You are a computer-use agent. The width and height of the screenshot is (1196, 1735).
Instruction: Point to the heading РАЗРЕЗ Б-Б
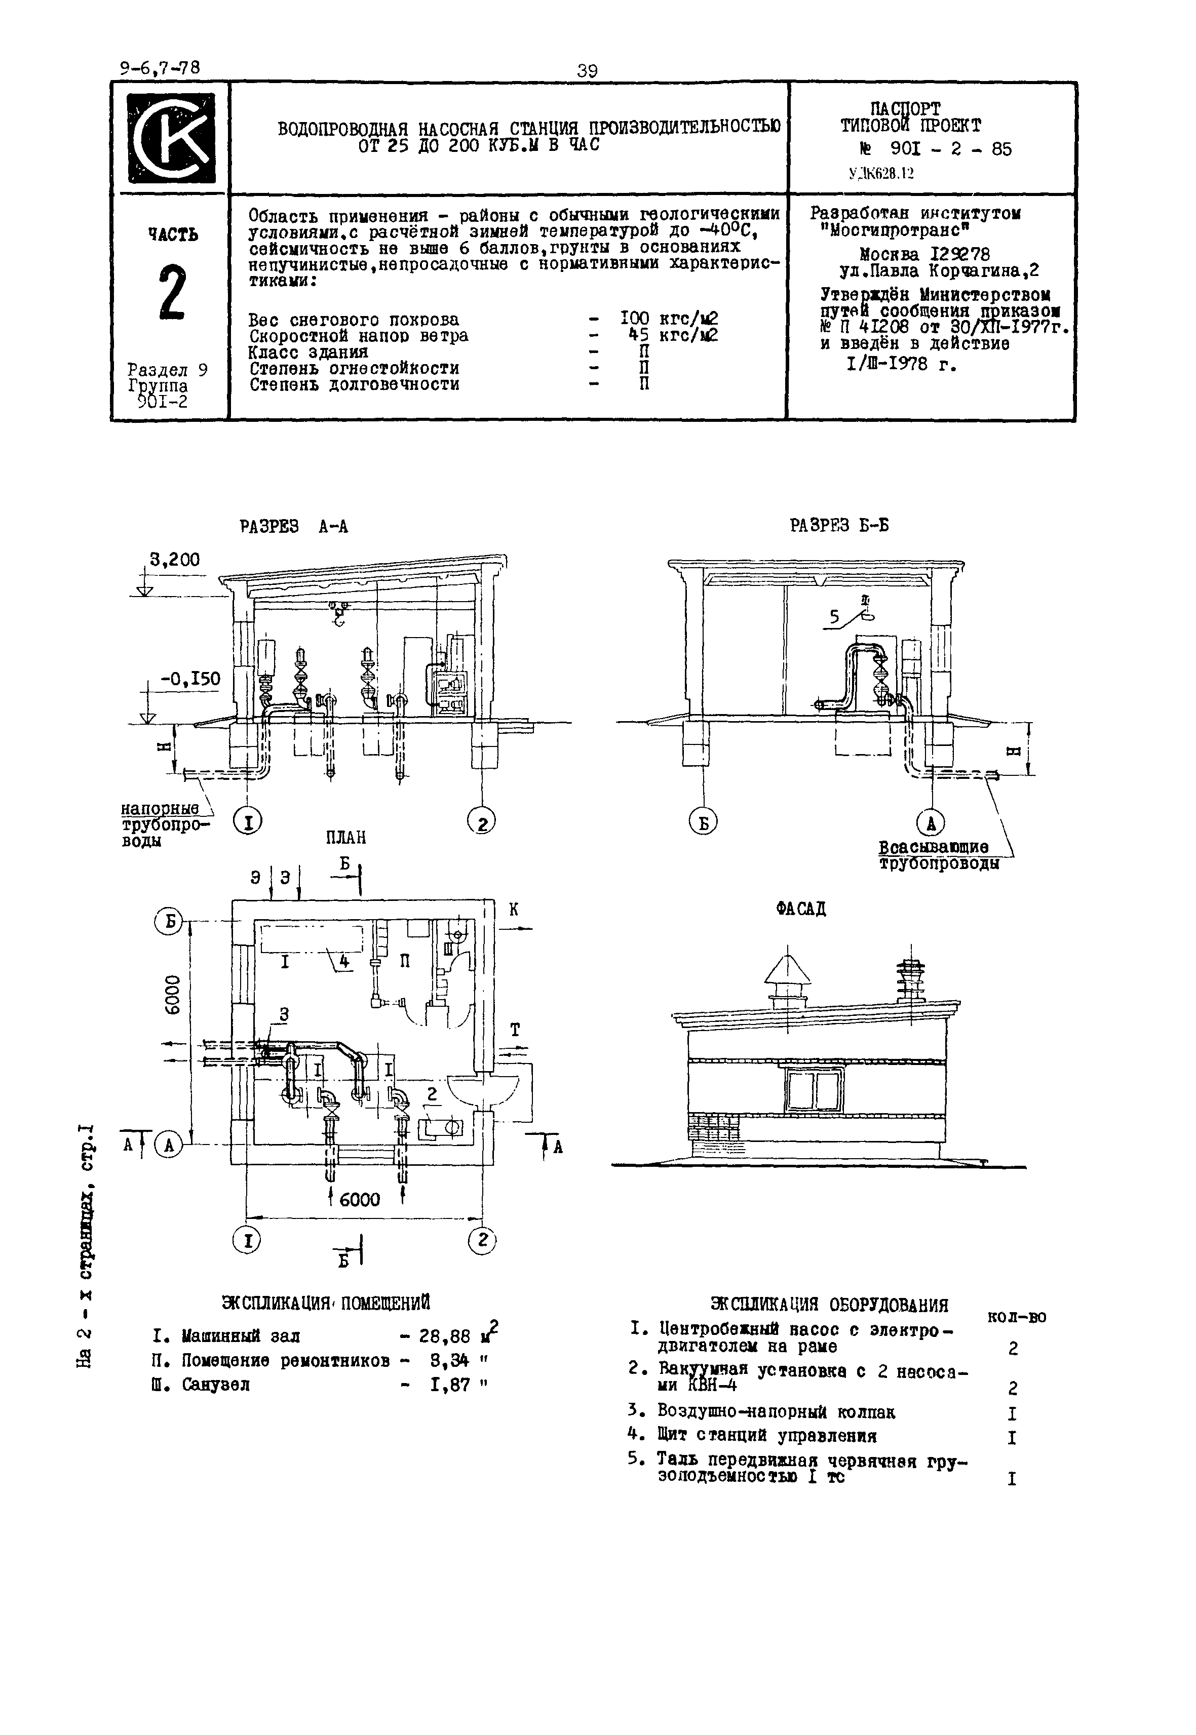pyautogui.click(x=839, y=525)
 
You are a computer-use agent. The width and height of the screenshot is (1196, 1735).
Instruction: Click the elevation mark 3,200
pyautogui.click(x=175, y=560)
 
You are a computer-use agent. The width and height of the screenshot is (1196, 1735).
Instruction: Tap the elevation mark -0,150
pyautogui.click(x=190, y=679)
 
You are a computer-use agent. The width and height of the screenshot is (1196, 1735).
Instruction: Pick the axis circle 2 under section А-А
pyautogui.click(x=482, y=822)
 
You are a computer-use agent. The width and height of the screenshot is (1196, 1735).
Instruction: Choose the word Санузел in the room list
pyautogui.click(x=216, y=1385)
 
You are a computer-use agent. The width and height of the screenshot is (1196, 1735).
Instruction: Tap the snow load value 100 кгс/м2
pyautogui.click(x=669, y=319)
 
